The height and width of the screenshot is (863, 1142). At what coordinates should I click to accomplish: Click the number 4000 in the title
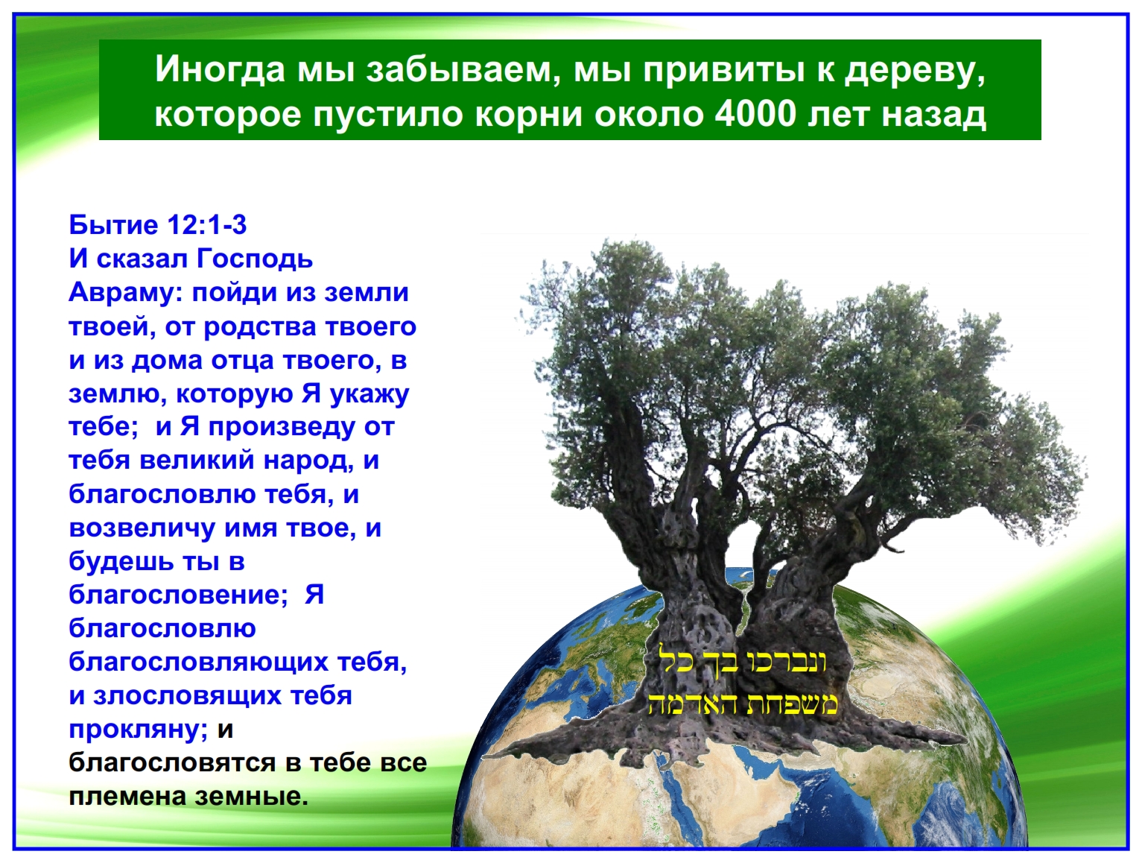(755, 114)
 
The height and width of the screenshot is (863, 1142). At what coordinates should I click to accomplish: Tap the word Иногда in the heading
(220, 69)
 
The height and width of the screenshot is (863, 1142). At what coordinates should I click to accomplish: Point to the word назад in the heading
(934, 116)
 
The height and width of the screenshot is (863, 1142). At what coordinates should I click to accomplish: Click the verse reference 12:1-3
(207, 225)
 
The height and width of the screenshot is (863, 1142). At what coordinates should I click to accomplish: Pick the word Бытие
(114, 225)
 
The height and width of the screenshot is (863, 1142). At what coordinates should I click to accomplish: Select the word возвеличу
(142, 529)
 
